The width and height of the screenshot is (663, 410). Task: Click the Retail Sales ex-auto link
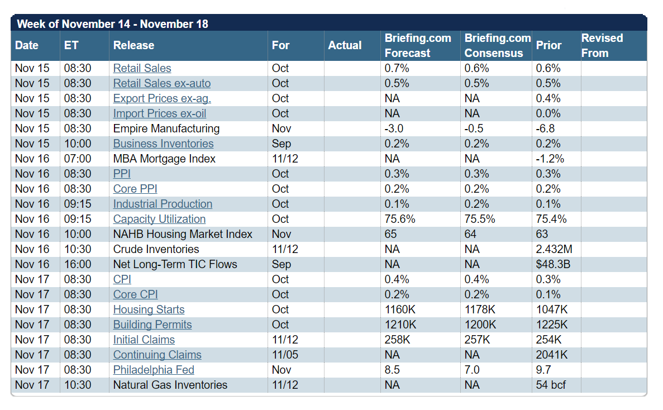pyautogui.click(x=161, y=83)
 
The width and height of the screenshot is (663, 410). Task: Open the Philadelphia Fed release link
pyautogui.click(x=154, y=370)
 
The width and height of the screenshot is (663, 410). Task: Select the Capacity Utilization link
pyautogui.click(x=159, y=219)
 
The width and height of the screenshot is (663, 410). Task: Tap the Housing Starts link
pyautogui.click(x=149, y=309)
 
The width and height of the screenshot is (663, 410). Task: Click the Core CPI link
pyautogui.click(x=135, y=294)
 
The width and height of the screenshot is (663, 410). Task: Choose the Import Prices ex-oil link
pyautogui.click(x=159, y=113)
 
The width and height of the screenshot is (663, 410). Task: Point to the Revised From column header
pyautogui.click(x=602, y=46)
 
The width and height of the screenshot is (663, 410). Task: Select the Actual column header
pyautogui.click(x=345, y=46)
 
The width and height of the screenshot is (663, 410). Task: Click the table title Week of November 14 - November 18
pyautogui.click(x=112, y=24)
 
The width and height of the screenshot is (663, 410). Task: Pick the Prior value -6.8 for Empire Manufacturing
pyautogui.click(x=545, y=128)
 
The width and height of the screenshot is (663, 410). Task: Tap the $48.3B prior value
pyautogui.click(x=553, y=264)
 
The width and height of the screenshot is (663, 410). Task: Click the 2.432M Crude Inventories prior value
pyautogui.click(x=554, y=249)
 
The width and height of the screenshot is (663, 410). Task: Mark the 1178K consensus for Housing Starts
pyautogui.click(x=480, y=309)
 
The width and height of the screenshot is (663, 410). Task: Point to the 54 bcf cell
pyautogui.click(x=551, y=385)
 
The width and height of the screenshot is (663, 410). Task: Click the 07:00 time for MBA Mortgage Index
pyautogui.click(x=78, y=159)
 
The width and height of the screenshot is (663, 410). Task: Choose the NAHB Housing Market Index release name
pyautogui.click(x=183, y=234)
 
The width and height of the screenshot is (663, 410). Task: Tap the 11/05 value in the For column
pyautogui.click(x=285, y=355)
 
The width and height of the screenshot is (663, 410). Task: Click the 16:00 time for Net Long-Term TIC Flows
pyautogui.click(x=78, y=264)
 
